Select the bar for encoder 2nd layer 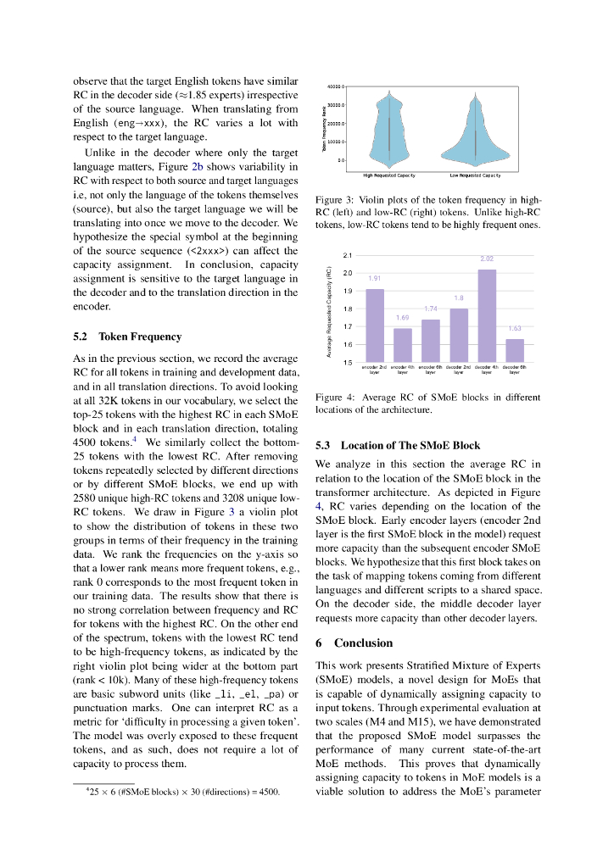point(374,325)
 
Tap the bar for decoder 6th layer point(515,350)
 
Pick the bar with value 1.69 point(402,345)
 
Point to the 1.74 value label point(430,309)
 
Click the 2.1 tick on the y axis point(347,255)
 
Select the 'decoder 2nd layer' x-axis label point(459,369)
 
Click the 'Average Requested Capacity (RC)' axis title point(329,309)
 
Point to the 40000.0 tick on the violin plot point(334,86)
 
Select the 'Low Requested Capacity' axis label point(475,175)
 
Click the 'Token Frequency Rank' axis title point(323,127)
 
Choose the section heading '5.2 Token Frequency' point(127,337)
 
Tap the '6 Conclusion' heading point(354,643)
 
